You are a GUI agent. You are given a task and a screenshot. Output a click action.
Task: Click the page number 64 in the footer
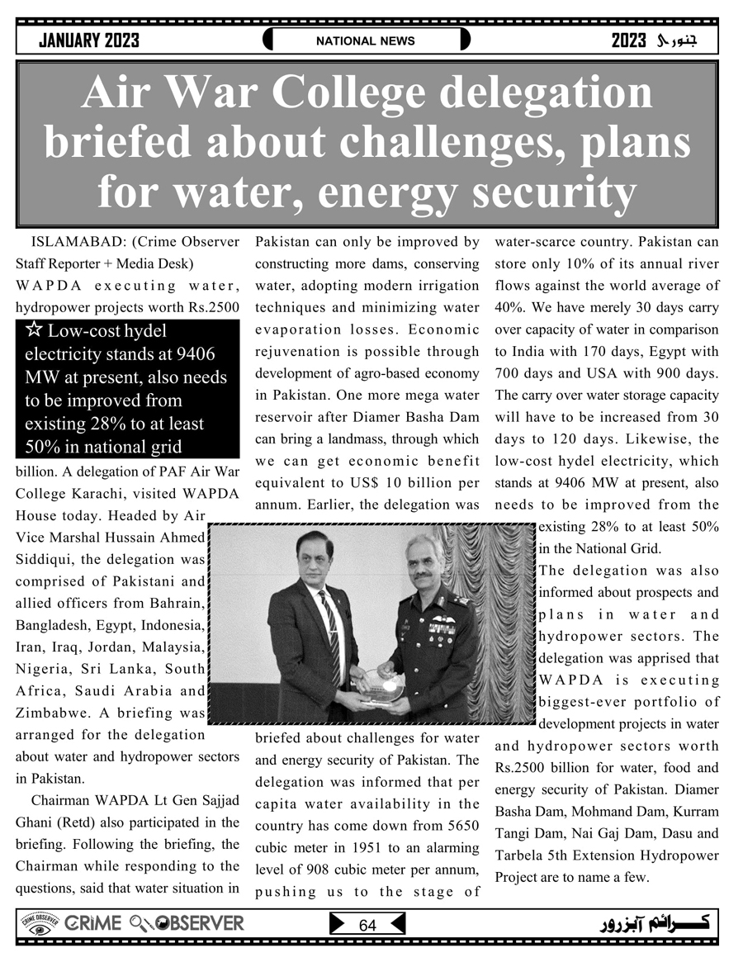(x=367, y=926)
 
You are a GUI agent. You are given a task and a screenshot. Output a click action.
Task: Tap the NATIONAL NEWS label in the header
(x=366, y=40)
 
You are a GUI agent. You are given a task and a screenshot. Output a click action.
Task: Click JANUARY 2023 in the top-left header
(x=89, y=40)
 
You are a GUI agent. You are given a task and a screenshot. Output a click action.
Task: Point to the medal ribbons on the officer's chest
(x=442, y=628)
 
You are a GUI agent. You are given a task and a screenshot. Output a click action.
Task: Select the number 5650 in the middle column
(x=462, y=826)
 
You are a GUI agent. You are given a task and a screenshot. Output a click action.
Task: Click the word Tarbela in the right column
(x=521, y=855)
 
